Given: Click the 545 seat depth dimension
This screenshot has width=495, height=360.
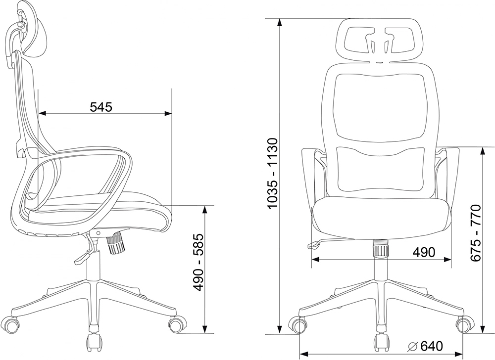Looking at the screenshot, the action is [101, 107].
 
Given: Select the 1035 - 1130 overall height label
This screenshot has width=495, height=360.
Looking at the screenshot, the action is [272, 174].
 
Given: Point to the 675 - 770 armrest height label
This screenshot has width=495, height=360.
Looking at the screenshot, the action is [475, 233].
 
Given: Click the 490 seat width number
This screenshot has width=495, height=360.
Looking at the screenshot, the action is [424, 252].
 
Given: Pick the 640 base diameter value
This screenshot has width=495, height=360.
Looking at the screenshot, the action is [432, 347].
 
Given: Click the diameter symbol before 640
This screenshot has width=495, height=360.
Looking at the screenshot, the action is [413, 347].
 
